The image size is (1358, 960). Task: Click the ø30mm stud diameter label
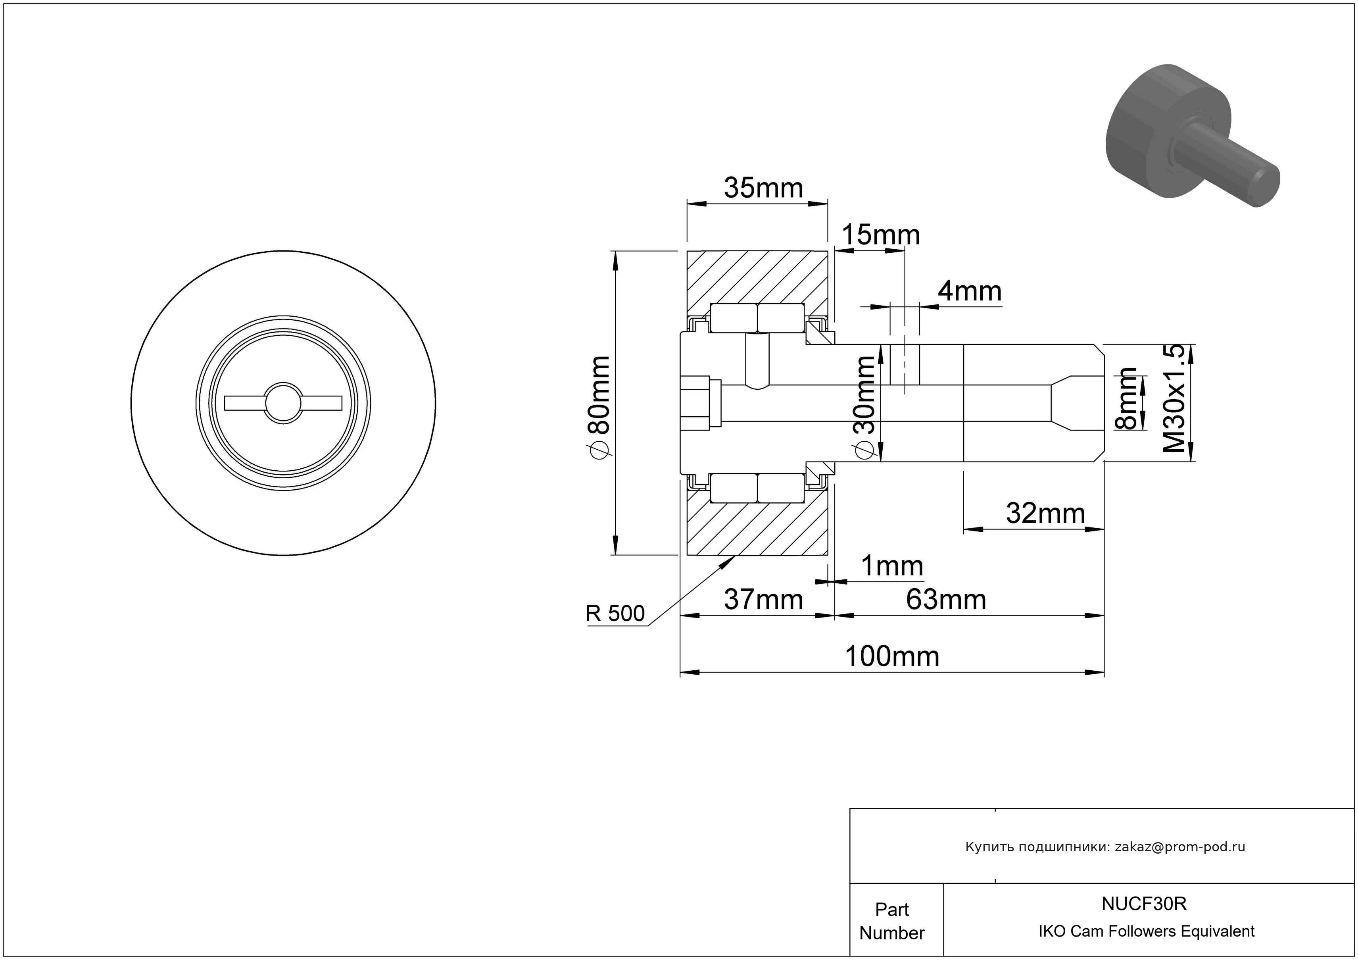pos(865,408)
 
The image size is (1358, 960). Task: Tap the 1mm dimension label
pos(891,566)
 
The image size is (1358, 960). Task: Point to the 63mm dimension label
pos(946,600)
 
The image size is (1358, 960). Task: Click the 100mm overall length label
pos(891,656)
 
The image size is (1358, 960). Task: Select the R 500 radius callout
pos(615,614)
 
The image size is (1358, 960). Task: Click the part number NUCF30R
pos(1143,904)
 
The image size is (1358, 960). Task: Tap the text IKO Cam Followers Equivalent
pos(1146,931)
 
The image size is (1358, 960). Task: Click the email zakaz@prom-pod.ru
pos(1179,847)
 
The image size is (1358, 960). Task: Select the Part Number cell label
pos(891,921)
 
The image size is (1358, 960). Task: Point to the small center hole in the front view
pos(283,403)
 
